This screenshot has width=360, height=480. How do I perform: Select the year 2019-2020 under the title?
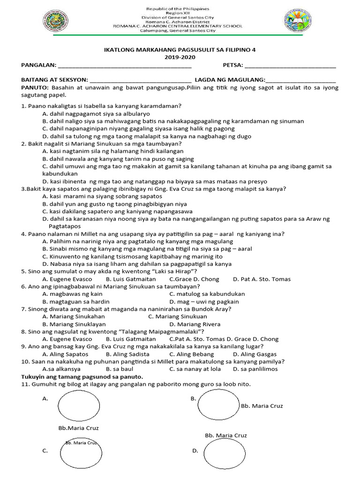coord(180,57)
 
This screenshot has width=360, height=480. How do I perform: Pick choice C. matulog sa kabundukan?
coord(207,294)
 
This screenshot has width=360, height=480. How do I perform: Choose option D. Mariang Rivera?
coord(195,324)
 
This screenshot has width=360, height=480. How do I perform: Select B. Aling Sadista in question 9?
coord(127,354)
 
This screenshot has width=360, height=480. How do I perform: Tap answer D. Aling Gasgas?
coord(255,354)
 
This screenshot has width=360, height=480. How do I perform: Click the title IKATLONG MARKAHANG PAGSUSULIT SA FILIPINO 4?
coord(180,50)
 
